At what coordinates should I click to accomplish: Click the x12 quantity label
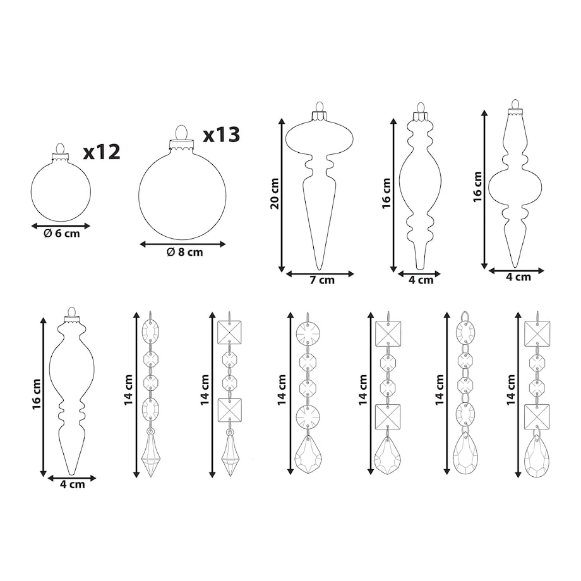pos(102,152)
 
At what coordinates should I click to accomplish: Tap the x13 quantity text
pos(221,135)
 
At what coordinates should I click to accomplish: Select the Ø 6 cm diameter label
pos(61,234)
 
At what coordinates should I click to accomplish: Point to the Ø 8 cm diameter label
pos(184,252)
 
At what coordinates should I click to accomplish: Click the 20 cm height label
pos(275,194)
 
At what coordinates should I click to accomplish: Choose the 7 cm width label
pos(322,280)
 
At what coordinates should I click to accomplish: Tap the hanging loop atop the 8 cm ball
pos(181,133)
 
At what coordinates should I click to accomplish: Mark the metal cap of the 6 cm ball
pos(61,157)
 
